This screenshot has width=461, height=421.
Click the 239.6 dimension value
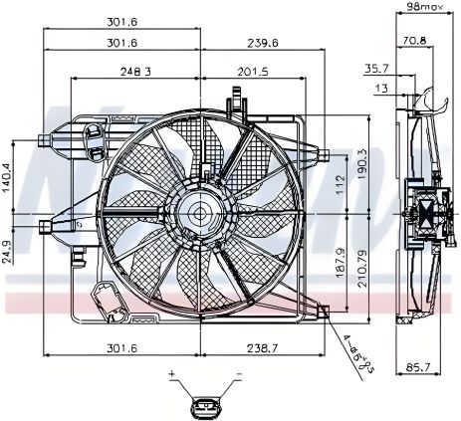click(263, 43)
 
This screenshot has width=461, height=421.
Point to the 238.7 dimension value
click(261, 348)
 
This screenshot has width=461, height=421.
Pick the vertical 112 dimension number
click(339, 184)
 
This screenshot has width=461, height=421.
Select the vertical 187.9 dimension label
click(339, 262)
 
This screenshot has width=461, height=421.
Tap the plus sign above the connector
click(171, 375)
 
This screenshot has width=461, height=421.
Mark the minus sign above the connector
click(239, 375)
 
